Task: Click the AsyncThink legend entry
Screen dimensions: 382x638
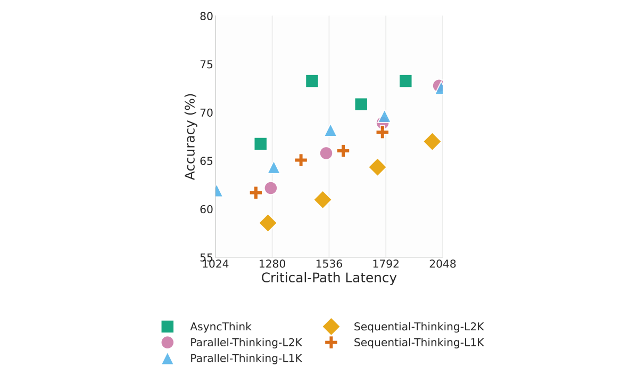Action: click(220, 327)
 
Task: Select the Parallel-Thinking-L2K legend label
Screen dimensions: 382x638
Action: click(246, 343)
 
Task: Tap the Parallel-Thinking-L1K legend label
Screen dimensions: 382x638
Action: click(246, 359)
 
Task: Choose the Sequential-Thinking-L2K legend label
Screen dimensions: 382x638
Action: click(418, 327)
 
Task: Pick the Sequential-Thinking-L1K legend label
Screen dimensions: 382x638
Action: click(418, 343)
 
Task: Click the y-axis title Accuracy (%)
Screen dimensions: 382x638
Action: click(190, 136)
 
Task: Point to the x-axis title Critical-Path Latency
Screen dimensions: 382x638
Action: click(329, 278)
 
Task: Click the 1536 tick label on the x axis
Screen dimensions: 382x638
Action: click(329, 264)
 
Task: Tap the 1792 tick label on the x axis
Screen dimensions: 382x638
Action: click(386, 264)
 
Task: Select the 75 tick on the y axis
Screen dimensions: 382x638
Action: click(206, 64)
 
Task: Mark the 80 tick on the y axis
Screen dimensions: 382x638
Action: click(206, 17)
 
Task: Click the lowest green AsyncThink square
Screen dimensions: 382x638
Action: click(260, 144)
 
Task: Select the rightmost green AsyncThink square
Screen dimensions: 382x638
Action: click(405, 81)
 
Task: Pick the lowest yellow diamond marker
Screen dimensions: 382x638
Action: click(268, 223)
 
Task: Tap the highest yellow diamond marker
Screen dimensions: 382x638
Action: click(432, 141)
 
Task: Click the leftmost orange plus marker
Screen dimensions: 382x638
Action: click(255, 192)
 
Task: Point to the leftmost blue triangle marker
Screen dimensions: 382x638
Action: click(216, 191)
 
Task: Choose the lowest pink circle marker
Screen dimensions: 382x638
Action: click(270, 188)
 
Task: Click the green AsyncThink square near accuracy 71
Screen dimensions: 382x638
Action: click(361, 104)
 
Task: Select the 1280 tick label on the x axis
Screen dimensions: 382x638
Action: click(272, 264)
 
